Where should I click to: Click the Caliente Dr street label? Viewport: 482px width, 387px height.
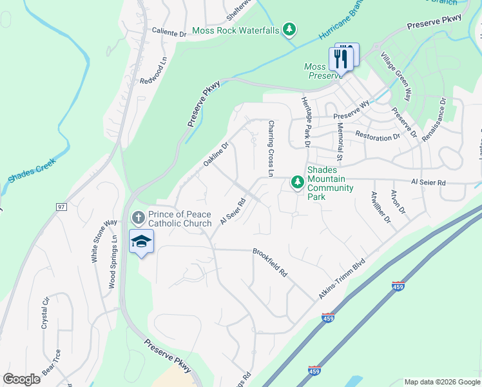(169, 31)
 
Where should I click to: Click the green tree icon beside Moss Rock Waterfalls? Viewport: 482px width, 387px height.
(291, 29)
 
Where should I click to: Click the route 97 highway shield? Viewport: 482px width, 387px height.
(62, 206)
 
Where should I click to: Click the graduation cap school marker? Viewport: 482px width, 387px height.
(141, 242)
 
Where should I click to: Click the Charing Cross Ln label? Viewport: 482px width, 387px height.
(271, 149)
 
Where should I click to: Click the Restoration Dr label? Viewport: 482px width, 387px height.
(378, 136)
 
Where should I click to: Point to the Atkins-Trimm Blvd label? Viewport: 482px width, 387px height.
(342, 279)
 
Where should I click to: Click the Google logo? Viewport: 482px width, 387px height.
(21, 379)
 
